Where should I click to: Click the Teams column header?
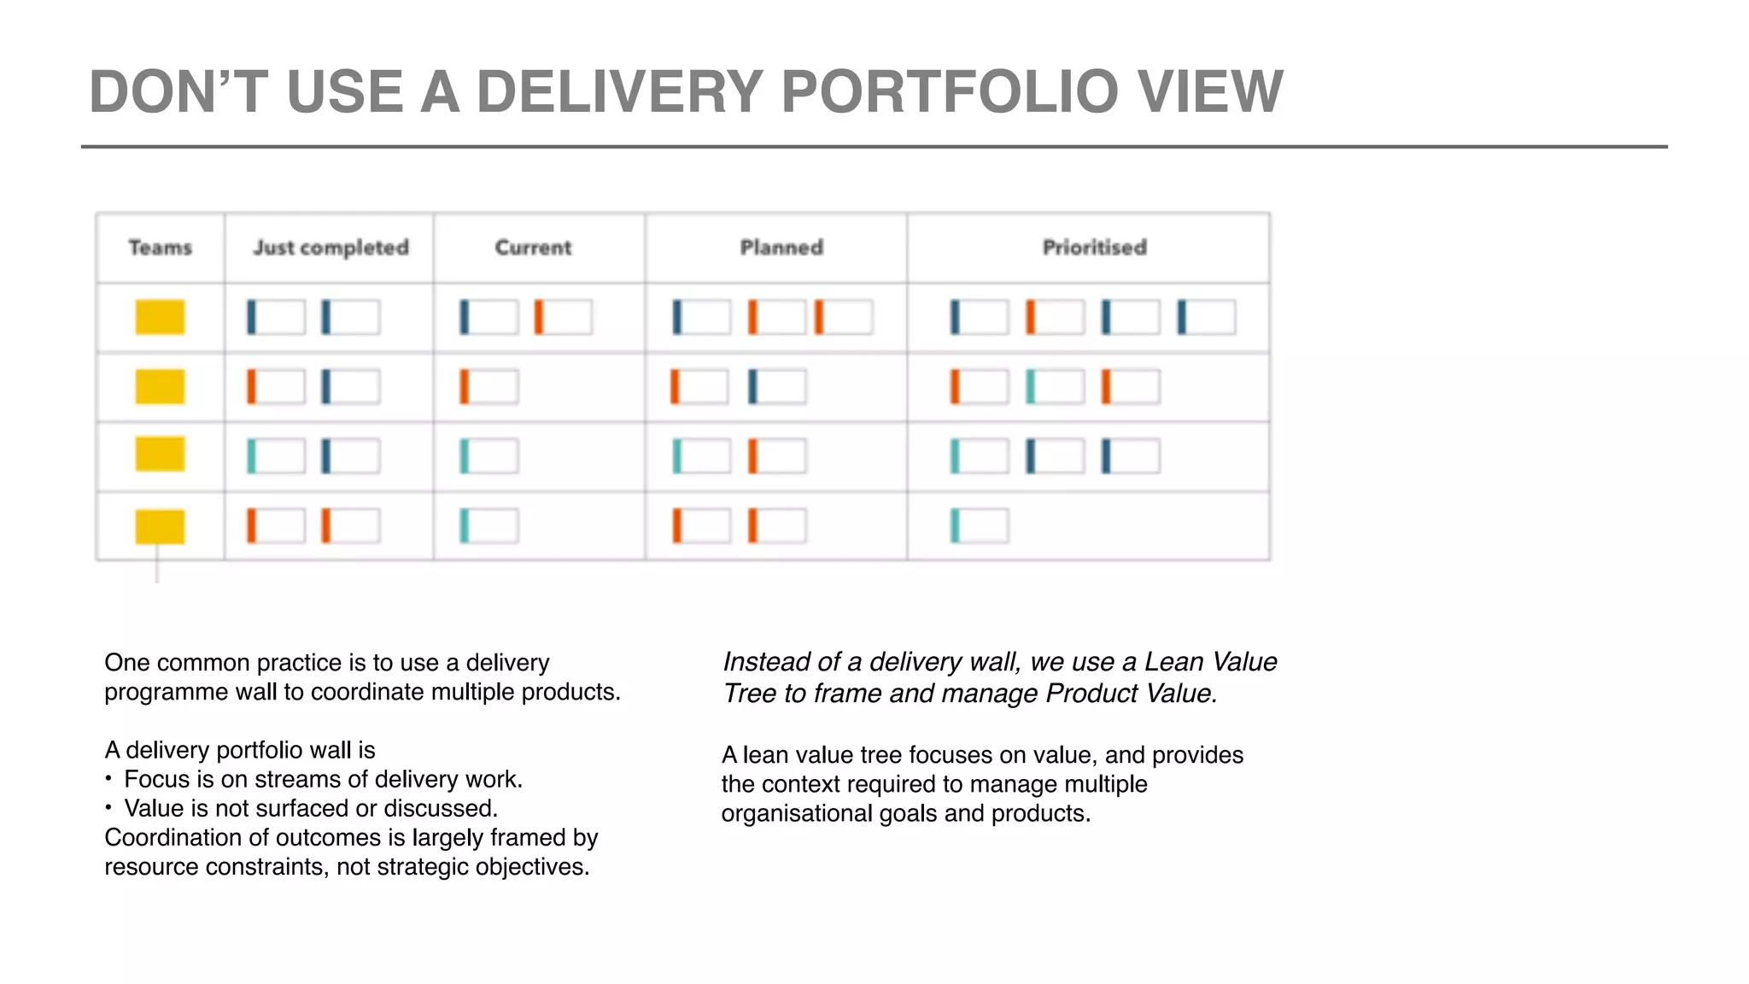tap(160, 248)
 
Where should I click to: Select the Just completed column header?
tap(330, 248)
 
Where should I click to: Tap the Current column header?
tap(533, 248)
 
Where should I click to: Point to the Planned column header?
tap(781, 248)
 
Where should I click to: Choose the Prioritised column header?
tap(1094, 248)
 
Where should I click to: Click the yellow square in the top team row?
tap(160, 317)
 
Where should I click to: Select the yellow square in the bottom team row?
tap(160, 526)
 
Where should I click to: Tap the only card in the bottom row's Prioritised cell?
tap(980, 525)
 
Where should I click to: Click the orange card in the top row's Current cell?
tap(563, 317)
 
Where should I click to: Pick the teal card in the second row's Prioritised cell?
tap(1055, 387)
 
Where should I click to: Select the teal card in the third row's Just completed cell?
tap(276, 456)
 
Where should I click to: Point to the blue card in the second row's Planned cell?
tap(776, 387)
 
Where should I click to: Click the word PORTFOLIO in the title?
tap(949, 91)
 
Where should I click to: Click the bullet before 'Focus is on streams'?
tap(109, 779)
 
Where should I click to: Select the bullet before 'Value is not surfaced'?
tap(109, 808)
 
